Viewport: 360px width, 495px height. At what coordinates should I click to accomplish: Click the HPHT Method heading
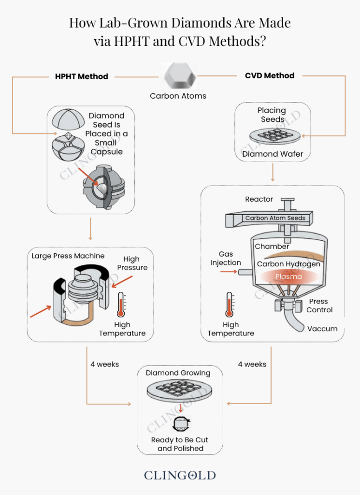pyautogui.click(x=82, y=76)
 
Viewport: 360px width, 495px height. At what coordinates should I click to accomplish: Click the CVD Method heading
pyautogui.click(x=269, y=75)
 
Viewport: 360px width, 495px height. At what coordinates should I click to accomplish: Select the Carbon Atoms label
pyautogui.click(x=178, y=96)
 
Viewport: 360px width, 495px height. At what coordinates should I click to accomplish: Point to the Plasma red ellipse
pyautogui.click(x=288, y=277)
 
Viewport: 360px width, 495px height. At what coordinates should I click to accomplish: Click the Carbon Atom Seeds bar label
pyautogui.click(x=275, y=218)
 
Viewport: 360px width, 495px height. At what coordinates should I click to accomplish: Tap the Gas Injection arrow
pyautogui.click(x=228, y=272)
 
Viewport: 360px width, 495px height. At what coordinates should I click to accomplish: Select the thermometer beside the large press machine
pyautogui.click(x=121, y=305)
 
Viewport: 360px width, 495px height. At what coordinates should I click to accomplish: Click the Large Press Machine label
pyautogui.click(x=68, y=256)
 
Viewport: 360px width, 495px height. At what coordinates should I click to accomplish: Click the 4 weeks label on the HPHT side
pyautogui.click(x=104, y=364)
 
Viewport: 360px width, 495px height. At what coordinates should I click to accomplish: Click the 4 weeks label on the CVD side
pyautogui.click(x=252, y=364)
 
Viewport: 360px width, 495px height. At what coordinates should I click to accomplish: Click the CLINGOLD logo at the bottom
pyautogui.click(x=180, y=475)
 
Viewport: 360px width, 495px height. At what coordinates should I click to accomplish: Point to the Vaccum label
pyautogui.click(x=322, y=329)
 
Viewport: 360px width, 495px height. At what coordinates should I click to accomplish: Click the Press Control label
pyautogui.click(x=319, y=306)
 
